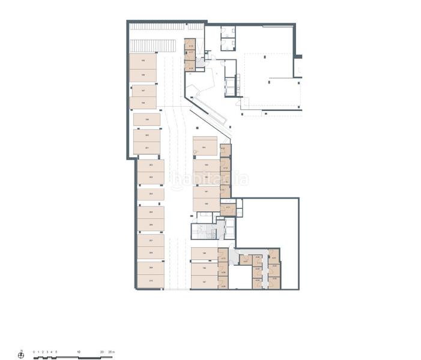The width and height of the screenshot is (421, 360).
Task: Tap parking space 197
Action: [x=143, y=90]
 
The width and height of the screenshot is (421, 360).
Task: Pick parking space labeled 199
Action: [x=147, y=120]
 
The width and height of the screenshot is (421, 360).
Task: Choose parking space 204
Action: [x=151, y=194]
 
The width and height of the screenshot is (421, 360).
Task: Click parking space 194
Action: [x=205, y=147]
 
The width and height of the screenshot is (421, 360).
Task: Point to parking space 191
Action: [x=206, y=192]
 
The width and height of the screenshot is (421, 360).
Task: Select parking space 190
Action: [x=206, y=205]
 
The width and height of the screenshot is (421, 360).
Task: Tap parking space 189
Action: [x=204, y=254]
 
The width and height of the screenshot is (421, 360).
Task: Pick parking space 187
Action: [x=204, y=282]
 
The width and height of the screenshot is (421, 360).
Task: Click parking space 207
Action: [x=150, y=241]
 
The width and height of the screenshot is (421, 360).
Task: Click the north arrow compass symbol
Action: [x=21, y=355]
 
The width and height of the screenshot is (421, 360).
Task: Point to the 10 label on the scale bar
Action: [x=79, y=352]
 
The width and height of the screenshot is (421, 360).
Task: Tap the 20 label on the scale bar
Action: [x=103, y=352]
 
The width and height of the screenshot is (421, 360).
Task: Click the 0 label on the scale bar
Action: [x=34, y=352]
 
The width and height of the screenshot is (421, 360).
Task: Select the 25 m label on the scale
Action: [x=112, y=352]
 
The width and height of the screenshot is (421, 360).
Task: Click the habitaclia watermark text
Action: [x=210, y=179]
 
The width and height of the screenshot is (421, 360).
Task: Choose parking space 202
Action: [x=150, y=165]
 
